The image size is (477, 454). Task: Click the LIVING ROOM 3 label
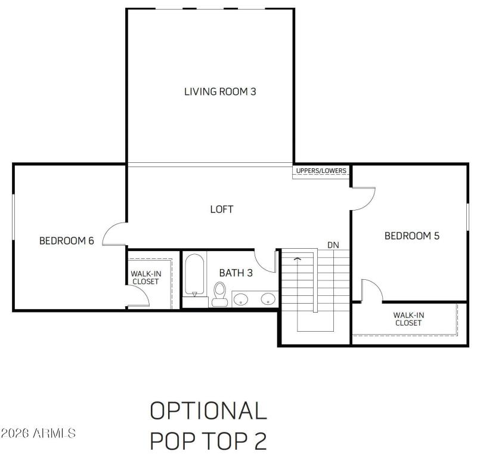coord(220,92)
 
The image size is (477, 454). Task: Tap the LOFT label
coord(221,209)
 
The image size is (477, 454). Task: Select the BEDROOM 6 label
coord(67,241)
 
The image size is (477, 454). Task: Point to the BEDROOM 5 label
coord(411,236)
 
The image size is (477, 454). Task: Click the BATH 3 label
coord(236,273)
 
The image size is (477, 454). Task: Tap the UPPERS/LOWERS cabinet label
coord(321,171)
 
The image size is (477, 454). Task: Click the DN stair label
coord(333,245)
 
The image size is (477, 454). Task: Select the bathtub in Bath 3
coord(194,275)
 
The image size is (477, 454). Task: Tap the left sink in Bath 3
coord(242,298)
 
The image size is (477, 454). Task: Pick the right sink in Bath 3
coord(268,298)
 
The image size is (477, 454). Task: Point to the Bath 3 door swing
coord(265,260)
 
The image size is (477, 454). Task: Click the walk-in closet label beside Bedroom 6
coord(145,277)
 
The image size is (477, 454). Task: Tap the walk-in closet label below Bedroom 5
coord(408,319)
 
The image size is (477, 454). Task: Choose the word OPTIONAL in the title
coord(208,411)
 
